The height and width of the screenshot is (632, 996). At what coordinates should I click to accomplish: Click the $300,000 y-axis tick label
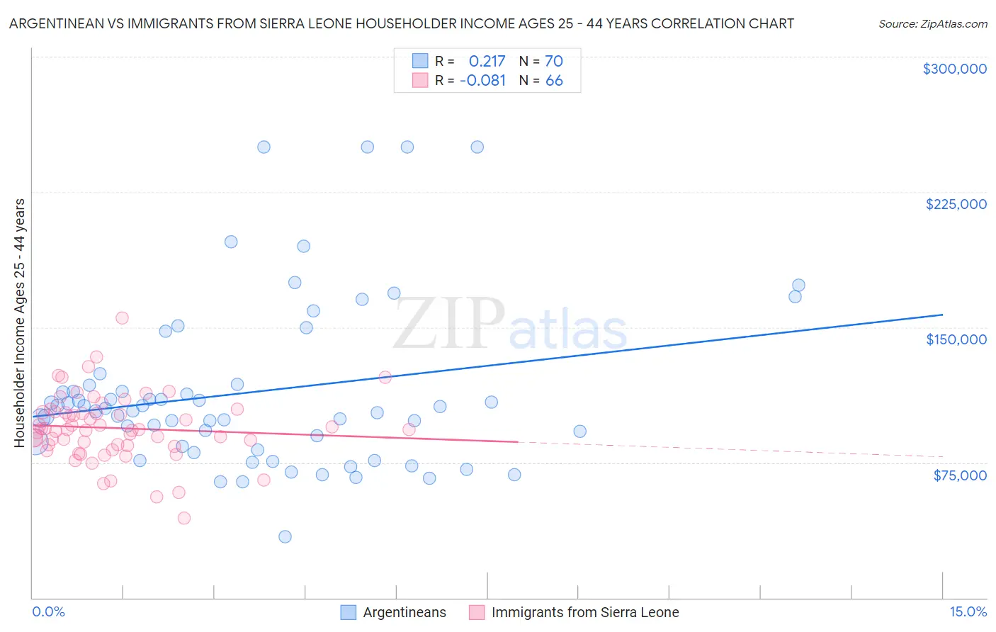point(954,69)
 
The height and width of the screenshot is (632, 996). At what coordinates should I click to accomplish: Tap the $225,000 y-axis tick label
point(956,204)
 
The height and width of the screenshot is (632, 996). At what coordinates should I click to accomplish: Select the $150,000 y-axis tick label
point(956,339)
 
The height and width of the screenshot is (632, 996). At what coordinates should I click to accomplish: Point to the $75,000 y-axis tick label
point(960,475)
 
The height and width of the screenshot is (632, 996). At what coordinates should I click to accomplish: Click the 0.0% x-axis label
point(48,611)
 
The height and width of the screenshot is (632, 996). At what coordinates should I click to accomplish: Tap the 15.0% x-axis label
point(968,611)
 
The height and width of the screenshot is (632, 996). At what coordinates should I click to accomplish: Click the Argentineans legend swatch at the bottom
point(348,612)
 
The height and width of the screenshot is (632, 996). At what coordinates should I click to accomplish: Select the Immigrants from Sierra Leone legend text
point(585,612)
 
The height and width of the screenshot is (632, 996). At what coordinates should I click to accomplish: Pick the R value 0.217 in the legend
point(487,61)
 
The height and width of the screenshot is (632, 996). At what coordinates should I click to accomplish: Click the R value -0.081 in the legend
point(482,80)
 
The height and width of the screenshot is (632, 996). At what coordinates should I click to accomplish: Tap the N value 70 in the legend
point(553,61)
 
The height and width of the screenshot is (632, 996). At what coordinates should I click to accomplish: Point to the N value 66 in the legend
point(553,80)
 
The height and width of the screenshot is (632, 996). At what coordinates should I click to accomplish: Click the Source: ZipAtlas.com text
point(932,23)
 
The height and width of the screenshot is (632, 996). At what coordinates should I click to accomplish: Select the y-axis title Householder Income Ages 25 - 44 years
point(19,323)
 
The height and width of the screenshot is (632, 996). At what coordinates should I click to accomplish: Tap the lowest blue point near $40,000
point(285,536)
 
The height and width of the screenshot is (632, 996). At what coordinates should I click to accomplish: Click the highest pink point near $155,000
point(122,318)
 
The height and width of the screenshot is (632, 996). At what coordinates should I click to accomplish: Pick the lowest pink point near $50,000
point(184,518)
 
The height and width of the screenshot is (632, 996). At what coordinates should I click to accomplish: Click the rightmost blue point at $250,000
point(477,147)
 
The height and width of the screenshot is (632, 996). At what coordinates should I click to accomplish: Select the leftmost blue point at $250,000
point(264,147)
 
